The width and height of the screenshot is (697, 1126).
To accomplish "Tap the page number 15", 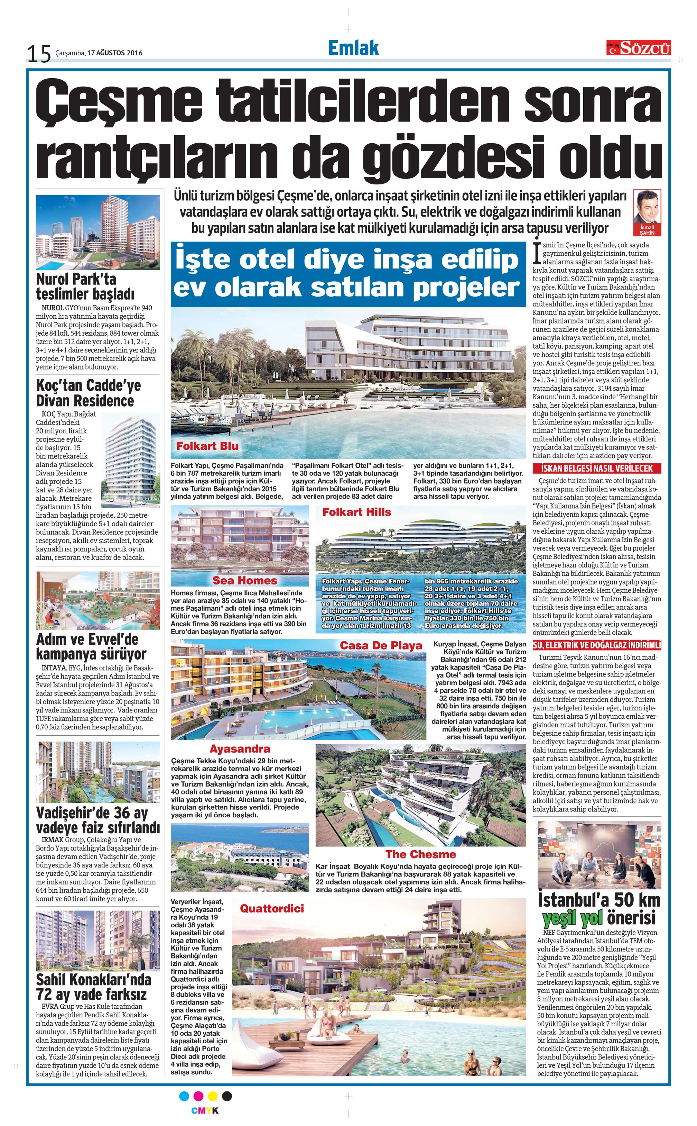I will coord(39,54).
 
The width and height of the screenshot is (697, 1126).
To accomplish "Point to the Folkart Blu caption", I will coord(207,446).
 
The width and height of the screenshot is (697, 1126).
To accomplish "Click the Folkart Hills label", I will coord(356,512).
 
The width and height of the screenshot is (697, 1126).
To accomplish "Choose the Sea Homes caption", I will coord(245,581).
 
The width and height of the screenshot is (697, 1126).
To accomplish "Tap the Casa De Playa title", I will coord(381,646).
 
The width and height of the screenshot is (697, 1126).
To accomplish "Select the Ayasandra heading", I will coord(240,749).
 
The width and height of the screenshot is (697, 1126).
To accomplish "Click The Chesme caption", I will coord(420,854).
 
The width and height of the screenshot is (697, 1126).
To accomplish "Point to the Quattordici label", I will coord(272,909).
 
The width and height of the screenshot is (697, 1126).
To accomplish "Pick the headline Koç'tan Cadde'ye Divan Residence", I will coord(89,392).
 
